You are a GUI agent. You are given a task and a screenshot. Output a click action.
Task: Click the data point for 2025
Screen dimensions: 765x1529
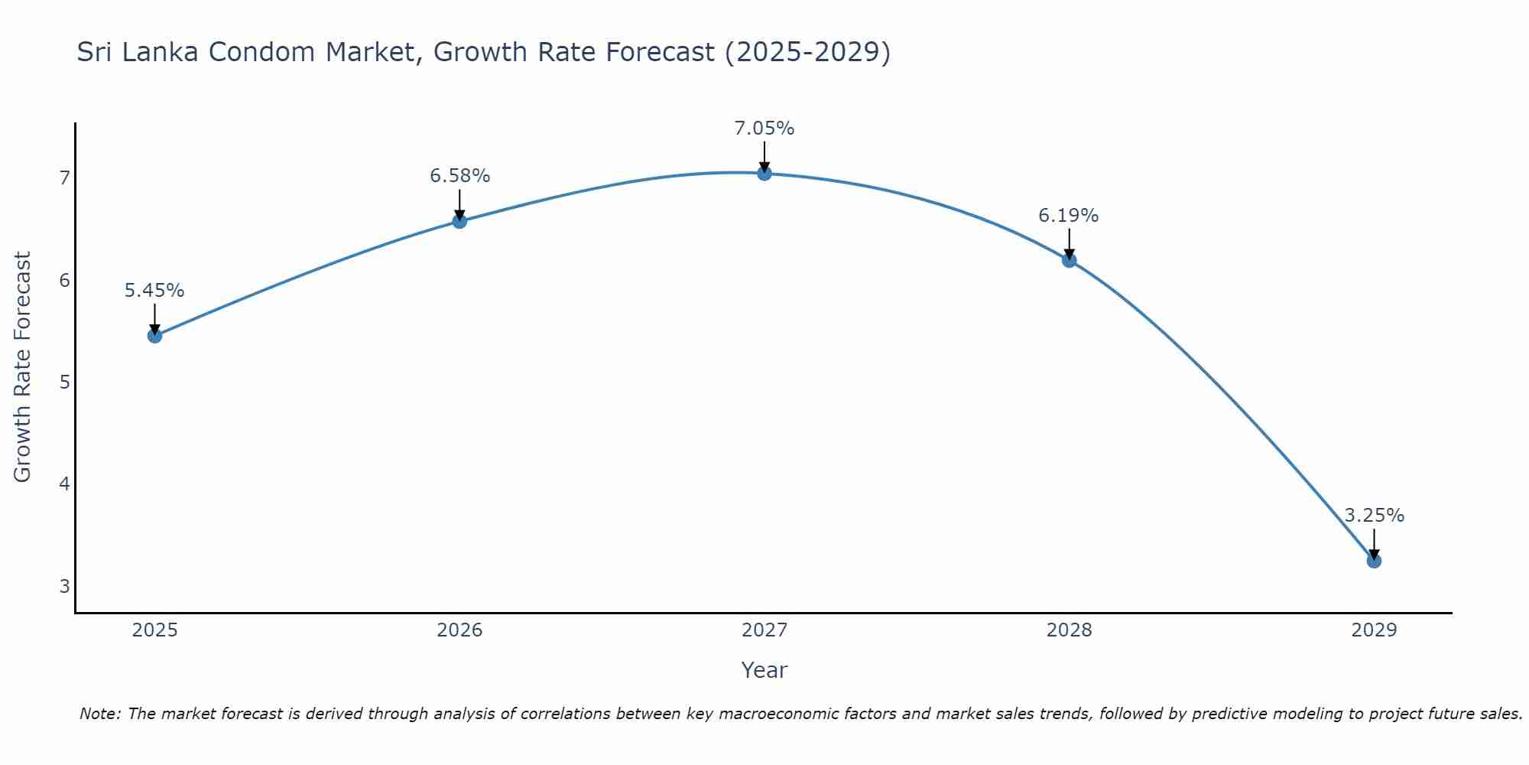154,335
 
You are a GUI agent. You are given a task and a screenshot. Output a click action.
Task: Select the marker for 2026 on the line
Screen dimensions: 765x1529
459,221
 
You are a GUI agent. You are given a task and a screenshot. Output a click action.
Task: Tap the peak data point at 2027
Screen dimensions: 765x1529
764,173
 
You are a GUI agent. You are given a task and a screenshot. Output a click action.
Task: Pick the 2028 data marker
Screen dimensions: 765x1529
1069,260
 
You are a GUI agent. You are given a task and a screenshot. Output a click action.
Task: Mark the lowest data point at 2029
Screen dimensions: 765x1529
1374,561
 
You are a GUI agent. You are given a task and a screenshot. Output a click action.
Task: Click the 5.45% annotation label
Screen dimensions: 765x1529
154,291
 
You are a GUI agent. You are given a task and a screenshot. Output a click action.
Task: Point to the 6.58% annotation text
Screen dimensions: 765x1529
459,176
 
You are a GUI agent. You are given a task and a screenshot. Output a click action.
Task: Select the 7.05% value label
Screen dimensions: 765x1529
764,129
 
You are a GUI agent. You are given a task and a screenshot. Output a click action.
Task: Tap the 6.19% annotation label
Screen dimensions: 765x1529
1069,216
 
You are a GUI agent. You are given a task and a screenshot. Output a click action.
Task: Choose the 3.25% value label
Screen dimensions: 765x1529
1374,516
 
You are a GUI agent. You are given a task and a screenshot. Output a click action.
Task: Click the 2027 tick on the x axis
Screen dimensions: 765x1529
764,630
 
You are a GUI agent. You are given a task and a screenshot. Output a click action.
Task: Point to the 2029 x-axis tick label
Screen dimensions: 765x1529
1374,630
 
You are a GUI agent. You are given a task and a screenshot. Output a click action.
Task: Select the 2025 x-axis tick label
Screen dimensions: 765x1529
154,630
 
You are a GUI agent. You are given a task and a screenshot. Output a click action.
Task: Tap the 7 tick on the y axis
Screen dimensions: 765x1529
64,178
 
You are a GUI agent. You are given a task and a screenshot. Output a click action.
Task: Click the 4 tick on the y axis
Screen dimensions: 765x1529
64,484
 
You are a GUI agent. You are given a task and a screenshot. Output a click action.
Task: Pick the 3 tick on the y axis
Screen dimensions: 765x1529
64,587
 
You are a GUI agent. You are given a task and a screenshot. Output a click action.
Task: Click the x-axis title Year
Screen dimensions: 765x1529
764,670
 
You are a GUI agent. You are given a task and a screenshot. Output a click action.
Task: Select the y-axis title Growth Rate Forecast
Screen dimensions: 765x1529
23,367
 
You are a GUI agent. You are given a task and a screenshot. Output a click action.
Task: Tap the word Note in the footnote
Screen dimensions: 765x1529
99,714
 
